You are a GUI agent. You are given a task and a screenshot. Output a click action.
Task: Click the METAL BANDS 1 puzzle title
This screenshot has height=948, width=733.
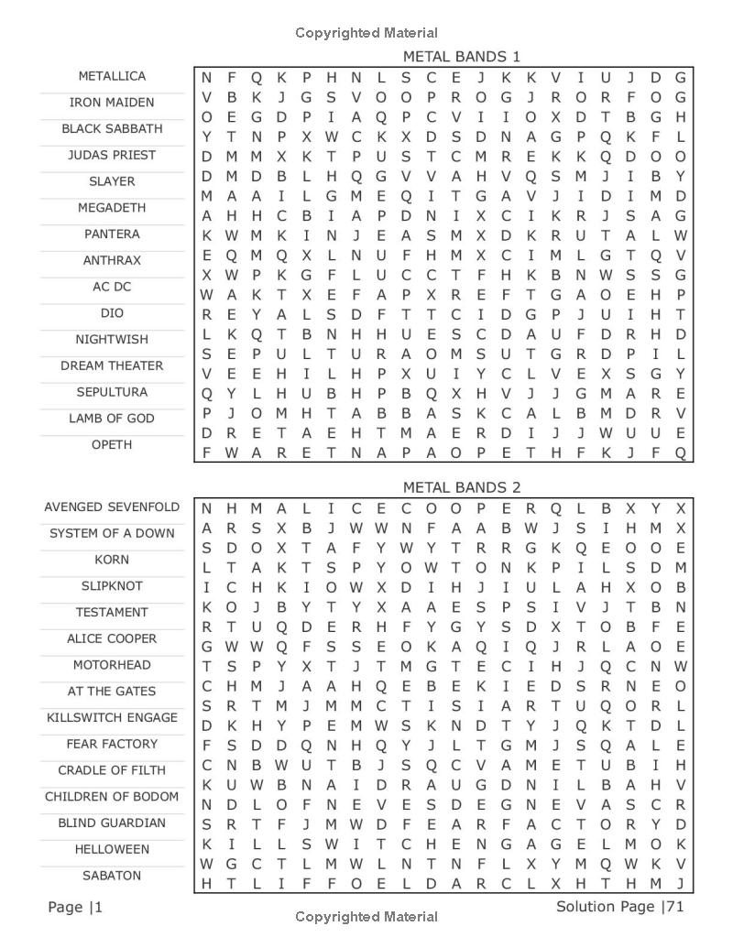pos(461,57)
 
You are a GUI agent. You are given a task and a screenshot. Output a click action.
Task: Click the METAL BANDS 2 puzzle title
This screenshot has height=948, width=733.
pos(461,487)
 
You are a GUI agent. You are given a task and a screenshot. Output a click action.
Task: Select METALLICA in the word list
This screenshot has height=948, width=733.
pos(112,76)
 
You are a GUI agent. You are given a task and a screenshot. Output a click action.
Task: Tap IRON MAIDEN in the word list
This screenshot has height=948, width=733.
pos(112,103)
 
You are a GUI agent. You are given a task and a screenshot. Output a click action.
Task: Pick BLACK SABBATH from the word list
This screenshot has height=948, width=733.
pos(112,129)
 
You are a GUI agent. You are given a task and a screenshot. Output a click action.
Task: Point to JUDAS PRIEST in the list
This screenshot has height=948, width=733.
pos(112,156)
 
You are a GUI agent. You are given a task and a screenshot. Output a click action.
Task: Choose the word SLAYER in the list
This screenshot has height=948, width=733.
pos(112,181)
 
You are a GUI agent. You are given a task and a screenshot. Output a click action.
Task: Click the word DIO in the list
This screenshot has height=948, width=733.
pos(112,313)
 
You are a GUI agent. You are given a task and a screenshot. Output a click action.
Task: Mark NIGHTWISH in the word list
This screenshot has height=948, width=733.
pos(112,340)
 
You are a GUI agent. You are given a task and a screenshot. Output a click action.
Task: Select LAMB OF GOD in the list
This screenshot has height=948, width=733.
pos(112,419)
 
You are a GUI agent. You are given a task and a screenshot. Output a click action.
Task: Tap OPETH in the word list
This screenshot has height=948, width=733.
pos(112,445)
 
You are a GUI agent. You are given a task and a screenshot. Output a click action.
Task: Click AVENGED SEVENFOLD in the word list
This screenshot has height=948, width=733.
pos(112,507)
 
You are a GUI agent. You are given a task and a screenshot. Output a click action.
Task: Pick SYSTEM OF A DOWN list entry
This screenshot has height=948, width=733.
pos(112,533)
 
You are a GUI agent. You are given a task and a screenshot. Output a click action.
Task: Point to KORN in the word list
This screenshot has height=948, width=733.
pos(112,560)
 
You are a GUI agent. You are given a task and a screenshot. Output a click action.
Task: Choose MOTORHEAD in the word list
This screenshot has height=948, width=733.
pos(112,665)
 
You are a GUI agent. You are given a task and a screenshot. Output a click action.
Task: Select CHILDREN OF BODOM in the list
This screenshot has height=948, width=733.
pos(112,797)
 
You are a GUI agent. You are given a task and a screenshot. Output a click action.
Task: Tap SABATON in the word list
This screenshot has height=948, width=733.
pos(112,876)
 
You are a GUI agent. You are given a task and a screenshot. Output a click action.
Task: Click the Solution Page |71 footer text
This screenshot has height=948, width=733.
pos(619,907)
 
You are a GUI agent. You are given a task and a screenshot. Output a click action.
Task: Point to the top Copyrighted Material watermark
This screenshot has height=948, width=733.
pos(366,33)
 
